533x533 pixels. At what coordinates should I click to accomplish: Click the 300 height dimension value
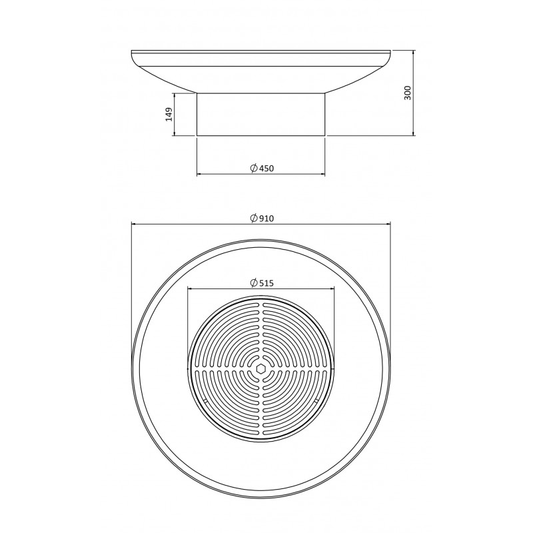[x=408, y=93]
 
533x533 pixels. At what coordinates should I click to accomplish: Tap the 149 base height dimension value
[x=169, y=114]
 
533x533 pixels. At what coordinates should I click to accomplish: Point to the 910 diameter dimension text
[x=266, y=219]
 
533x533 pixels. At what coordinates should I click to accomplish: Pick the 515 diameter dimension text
[x=266, y=283]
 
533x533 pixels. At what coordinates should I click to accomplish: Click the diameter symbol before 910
[x=254, y=219]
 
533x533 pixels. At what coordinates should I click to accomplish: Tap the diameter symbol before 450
[x=254, y=168]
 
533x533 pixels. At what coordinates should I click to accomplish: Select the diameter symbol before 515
[x=254, y=282]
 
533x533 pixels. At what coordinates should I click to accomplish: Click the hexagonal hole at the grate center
[x=261, y=369]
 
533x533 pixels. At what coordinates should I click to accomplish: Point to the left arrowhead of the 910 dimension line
[x=134, y=224]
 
